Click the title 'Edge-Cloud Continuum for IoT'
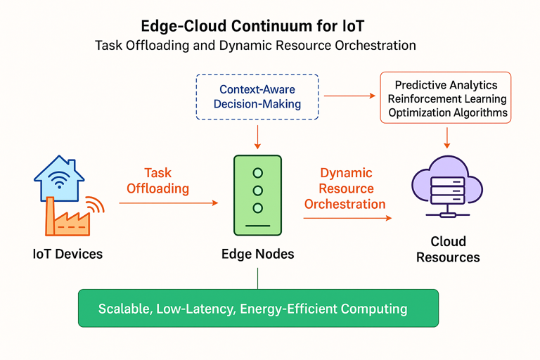pyautogui.click(x=252, y=26)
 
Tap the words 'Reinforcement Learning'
pyautogui.click(x=447, y=99)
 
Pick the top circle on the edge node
pyautogui.click(x=257, y=173)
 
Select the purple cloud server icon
pyautogui.click(x=447, y=187)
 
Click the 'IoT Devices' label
pyautogui.click(x=67, y=255)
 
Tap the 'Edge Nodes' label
pyautogui.click(x=257, y=255)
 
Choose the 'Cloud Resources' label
pyautogui.click(x=448, y=250)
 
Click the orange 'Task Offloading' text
pyautogui.click(x=157, y=181)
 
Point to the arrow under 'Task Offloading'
pyautogui.click(x=169, y=203)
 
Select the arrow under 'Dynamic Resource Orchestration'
pyautogui.click(x=347, y=218)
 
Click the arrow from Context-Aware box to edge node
pyautogui.click(x=257, y=137)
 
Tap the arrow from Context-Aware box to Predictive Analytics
pyautogui.click(x=349, y=96)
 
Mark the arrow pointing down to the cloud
pyautogui.click(x=447, y=138)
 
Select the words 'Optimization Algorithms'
pyautogui.click(x=448, y=112)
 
